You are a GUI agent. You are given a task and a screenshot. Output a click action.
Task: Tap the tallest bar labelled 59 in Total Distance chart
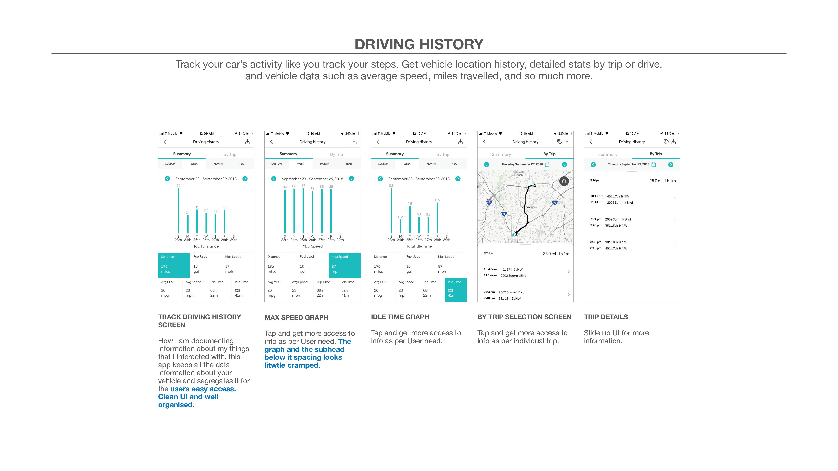click(x=178, y=210)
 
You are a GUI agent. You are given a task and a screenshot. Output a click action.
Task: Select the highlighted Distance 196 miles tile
click(x=174, y=265)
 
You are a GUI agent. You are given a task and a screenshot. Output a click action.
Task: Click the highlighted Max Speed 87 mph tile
click(x=344, y=265)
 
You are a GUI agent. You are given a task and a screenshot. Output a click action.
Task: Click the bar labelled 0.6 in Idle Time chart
click(x=438, y=218)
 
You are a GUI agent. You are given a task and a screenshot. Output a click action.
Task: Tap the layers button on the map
click(x=564, y=181)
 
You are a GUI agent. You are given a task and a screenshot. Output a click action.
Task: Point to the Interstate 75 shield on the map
click(x=504, y=213)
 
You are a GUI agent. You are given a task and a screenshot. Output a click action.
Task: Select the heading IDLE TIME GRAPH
click(x=400, y=317)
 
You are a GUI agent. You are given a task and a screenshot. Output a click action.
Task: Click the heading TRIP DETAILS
click(x=606, y=317)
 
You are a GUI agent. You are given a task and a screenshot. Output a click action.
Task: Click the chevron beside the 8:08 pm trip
click(x=675, y=244)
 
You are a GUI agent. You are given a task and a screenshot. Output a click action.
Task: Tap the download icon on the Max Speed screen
click(x=354, y=142)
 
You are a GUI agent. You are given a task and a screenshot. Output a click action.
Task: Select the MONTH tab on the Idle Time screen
click(x=431, y=164)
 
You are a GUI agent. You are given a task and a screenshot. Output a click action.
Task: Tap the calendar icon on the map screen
click(x=547, y=165)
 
